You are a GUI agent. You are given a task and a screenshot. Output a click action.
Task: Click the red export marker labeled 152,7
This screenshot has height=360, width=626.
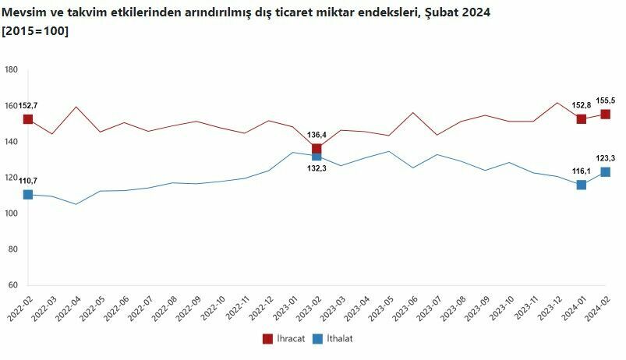(x=28, y=119)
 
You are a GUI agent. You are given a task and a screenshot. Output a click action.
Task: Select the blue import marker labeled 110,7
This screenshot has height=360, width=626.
(x=28, y=195)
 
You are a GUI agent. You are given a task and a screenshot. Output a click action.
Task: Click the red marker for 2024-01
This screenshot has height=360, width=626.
(x=582, y=119)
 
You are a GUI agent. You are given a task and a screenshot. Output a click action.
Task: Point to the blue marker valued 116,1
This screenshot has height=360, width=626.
(x=582, y=185)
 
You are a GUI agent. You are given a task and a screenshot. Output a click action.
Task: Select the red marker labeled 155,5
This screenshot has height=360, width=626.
(x=606, y=115)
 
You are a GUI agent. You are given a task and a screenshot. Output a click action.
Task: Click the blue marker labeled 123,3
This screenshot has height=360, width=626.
(x=606, y=172)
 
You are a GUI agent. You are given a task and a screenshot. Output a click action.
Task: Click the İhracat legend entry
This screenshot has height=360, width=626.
(x=285, y=339)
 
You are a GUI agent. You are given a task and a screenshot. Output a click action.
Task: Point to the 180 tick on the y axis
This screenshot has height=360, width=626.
(x=12, y=70)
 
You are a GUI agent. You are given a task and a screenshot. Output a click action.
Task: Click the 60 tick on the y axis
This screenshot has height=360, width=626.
(x=13, y=285)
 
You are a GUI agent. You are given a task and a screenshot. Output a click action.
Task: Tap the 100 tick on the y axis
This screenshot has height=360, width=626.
(x=12, y=214)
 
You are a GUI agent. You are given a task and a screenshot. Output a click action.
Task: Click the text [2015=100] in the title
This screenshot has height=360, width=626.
(x=35, y=30)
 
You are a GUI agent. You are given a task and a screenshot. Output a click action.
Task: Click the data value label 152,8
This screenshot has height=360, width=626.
(x=582, y=105)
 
